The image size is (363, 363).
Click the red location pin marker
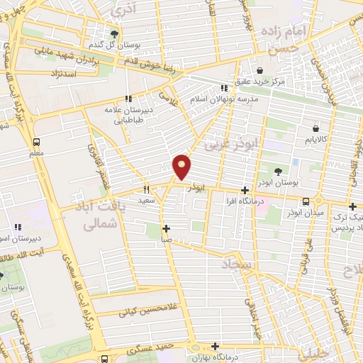183,167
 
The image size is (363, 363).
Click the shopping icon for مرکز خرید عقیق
260,71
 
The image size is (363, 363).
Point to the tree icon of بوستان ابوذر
278,171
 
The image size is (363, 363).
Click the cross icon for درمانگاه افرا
245,190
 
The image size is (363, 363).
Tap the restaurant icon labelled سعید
147,189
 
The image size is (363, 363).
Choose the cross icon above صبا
166,228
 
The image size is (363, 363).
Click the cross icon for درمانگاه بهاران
216,346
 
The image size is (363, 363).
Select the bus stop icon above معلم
37,140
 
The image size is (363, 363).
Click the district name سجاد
237,264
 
